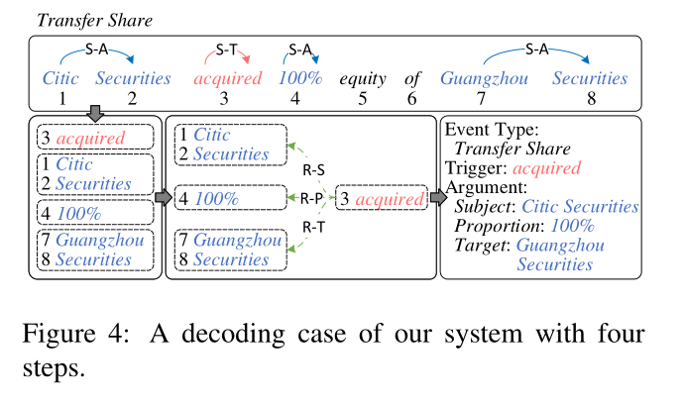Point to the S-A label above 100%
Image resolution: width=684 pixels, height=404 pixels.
[300, 48]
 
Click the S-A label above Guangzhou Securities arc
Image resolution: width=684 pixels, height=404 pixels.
[535, 48]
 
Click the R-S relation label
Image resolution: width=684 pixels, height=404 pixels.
[313, 170]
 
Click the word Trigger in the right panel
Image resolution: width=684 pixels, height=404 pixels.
[474, 168]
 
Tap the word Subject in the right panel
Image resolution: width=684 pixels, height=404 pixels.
[485, 207]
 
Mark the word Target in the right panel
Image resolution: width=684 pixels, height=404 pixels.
[481, 247]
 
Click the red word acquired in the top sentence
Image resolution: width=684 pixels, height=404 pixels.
[228, 79]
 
